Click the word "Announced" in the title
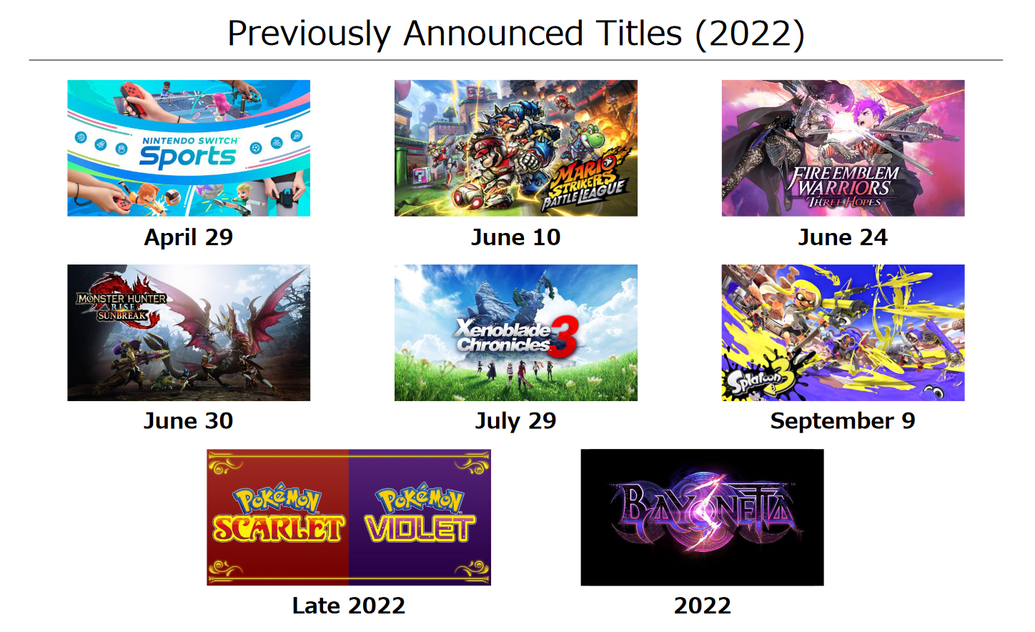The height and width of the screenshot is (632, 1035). (493, 34)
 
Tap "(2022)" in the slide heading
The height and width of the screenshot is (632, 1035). (750, 34)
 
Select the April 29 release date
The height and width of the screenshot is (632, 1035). (189, 237)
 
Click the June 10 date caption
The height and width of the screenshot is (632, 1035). (515, 237)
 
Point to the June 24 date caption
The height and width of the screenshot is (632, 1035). (843, 237)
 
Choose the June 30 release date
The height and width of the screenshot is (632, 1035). (189, 421)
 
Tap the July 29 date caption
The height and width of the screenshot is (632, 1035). (515, 421)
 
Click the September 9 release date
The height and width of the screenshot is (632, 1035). (843, 421)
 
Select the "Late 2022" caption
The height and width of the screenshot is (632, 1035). (349, 606)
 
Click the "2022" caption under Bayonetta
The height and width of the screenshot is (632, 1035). (703, 606)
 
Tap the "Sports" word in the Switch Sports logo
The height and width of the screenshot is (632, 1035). (187, 157)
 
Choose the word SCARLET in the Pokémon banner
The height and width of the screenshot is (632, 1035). (279, 528)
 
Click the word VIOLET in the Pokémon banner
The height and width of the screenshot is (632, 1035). (420, 528)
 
